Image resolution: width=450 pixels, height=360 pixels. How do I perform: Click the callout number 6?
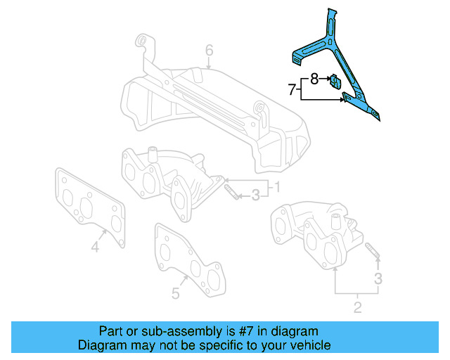(x=209, y=50)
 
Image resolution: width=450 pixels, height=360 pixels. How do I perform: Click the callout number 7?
(x=292, y=89)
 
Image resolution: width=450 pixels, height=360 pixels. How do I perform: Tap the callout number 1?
(x=277, y=188)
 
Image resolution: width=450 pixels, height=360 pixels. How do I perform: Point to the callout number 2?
(x=356, y=307)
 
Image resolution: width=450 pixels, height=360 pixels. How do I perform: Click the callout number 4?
(x=94, y=246)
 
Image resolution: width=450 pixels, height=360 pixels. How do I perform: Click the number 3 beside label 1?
(x=256, y=194)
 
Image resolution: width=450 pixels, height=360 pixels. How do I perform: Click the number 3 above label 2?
(x=378, y=279)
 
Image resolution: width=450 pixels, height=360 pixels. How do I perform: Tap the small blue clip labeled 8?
(x=335, y=82)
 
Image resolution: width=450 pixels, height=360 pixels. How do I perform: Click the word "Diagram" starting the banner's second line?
(x=100, y=345)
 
